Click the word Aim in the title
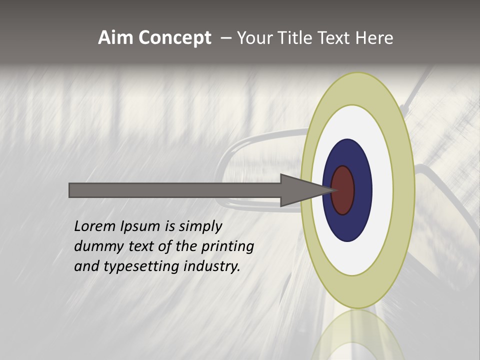click(x=116, y=38)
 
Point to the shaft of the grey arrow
click(x=175, y=190)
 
